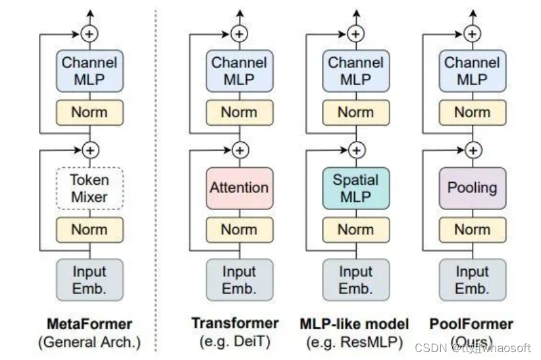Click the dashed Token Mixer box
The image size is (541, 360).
(90, 189)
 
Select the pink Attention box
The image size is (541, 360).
(239, 188)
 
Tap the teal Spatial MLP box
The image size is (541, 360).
(355, 188)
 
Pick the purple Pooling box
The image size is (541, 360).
(472, 188)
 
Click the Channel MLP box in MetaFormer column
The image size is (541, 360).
(90, 71)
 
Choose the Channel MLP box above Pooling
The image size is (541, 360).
(472, 71)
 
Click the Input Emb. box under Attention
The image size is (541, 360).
(239, 280)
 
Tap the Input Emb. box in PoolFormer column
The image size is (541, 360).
(472, 280)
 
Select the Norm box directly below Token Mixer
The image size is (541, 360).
(90, 230)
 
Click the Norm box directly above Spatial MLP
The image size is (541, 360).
(355, 113)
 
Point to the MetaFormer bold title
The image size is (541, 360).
(90, 324)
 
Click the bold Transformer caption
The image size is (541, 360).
(235, 323)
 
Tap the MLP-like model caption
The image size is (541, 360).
(354, 324)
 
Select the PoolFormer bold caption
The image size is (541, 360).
(471, 324)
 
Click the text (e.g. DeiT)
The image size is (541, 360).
(235, 341)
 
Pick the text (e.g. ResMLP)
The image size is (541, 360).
(354, 341)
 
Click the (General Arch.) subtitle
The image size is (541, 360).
(90, 342)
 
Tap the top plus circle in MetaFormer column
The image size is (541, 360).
(90, 33)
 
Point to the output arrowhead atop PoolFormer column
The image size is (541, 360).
(472, 11)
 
